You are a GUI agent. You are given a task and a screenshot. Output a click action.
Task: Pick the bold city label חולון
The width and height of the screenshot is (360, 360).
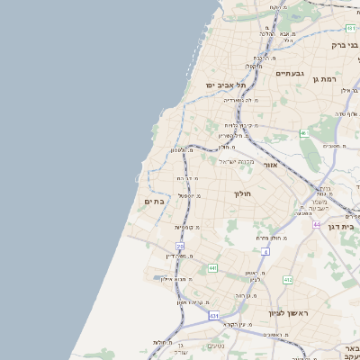pyautogui.click(x=242, y=193)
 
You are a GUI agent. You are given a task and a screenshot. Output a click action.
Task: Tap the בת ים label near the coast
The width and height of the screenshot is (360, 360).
pyautogui.click(x=153, y=202)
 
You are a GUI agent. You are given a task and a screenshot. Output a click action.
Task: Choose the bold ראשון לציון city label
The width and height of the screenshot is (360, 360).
pyautogui.click(x=288, y=312)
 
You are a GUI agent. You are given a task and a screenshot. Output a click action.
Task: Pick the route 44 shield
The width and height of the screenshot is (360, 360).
pyautogui.click(x=317, y=223)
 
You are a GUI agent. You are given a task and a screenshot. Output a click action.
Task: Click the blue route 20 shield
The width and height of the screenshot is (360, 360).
pyautogui.click(x=180, y=246)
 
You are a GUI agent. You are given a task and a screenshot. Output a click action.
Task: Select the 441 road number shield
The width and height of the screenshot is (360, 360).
pyautogui.click(x=211, y=268)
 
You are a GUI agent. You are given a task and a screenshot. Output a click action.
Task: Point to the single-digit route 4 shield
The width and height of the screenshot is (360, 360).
pyautogui.click(x=265, y=251)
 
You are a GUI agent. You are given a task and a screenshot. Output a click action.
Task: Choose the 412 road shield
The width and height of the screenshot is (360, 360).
pyautogui.click(x=288, y=281)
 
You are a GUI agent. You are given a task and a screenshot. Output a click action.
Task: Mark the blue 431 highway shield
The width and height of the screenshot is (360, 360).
pyautogui.click(x=213, y=316)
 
